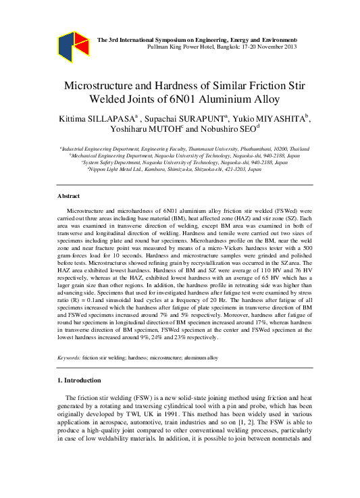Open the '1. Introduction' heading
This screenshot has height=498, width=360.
[79, 380]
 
